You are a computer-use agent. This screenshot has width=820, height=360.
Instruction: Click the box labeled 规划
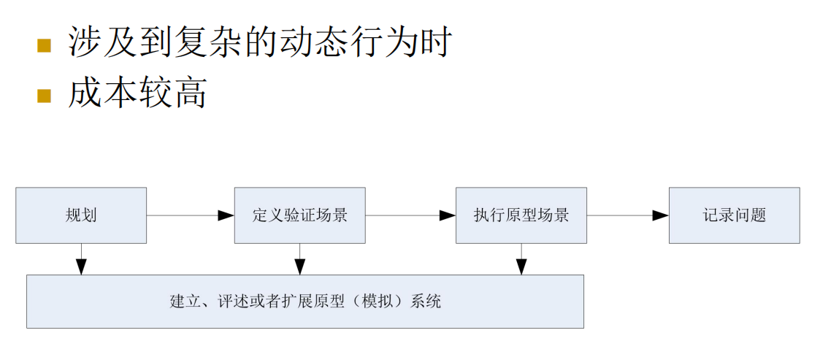coord(81,215)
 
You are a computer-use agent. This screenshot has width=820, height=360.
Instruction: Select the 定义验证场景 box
coord(299,215)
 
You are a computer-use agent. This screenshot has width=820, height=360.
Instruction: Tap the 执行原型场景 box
coord(521,215)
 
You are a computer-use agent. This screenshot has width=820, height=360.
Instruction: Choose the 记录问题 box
coord(734,215)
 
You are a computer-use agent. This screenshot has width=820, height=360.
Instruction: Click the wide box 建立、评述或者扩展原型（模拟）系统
coord(305,302)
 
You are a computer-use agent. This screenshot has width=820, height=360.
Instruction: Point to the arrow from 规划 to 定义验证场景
coord(190,215)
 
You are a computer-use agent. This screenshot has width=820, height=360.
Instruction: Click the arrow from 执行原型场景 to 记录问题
coord(628,215)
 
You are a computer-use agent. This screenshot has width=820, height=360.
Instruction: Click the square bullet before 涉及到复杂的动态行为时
coord(45,45)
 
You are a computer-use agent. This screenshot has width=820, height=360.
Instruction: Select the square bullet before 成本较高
coord(45,96)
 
